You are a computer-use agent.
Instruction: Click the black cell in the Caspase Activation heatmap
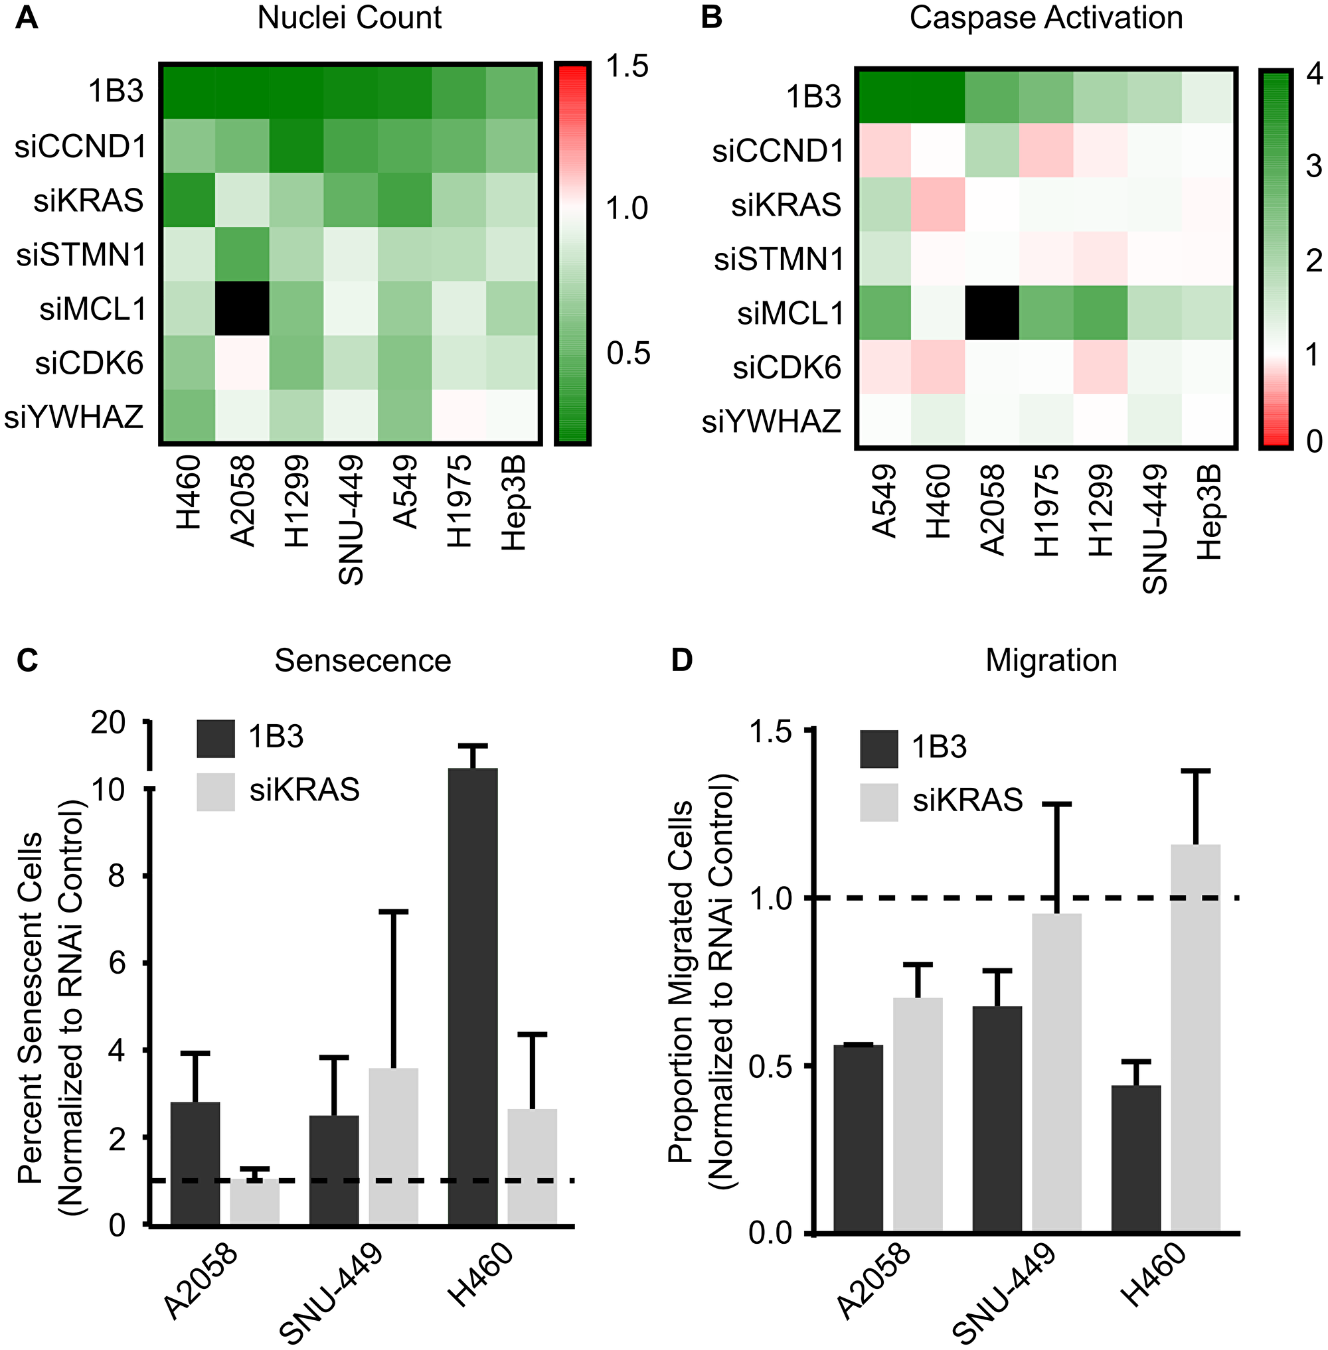(993, 313)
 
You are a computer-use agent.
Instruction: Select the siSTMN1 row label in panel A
(82, 254)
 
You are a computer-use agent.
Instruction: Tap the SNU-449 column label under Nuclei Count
(351, 520)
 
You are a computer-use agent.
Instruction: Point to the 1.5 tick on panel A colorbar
(626, 66)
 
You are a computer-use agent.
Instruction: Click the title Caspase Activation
(1046, 17)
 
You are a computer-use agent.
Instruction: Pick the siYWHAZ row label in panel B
(772, 421)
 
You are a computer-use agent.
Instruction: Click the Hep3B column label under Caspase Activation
(1209, 512)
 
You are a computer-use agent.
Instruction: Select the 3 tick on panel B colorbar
(1313, 166)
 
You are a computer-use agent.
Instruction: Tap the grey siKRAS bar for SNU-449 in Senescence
(393, 1144)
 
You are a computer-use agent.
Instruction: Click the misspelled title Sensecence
(362, 660)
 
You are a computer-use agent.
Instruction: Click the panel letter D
(681, 660)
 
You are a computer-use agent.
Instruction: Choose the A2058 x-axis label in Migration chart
(874, 1280)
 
